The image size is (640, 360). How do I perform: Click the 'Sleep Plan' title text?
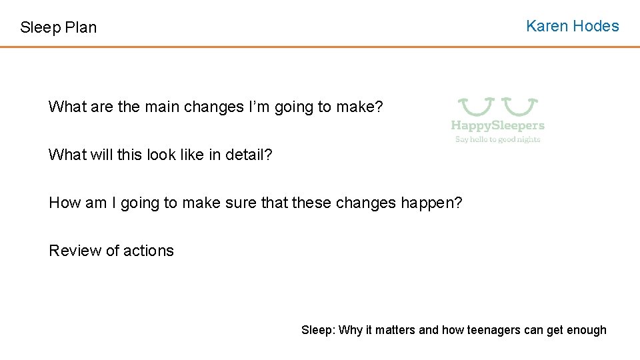(x=59, y=27)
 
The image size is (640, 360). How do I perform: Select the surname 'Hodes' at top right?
(x=597, y=26)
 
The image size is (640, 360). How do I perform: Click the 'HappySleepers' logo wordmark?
(x=497, y=125)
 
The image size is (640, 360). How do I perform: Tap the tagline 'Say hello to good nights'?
(x=497, y=139)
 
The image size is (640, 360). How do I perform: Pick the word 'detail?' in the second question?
(x=249, y=155)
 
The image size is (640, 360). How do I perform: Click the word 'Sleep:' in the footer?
(x=319, y=330)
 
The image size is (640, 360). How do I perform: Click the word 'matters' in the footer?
(x=395, y=330)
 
